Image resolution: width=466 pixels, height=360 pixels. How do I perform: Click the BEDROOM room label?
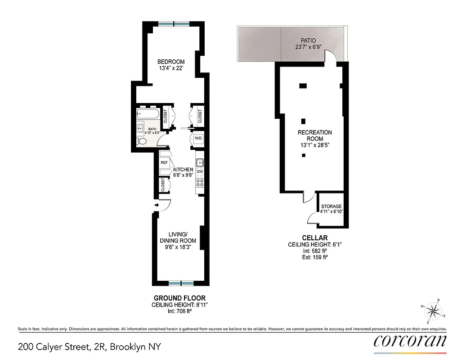(170, 62)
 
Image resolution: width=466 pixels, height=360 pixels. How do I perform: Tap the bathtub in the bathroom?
(148, 114)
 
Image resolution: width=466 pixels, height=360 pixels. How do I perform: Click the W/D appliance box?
(198, 139)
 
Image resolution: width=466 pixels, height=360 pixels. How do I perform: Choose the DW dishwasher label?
(200, 172)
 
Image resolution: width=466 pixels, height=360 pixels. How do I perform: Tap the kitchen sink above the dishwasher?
(200, 162)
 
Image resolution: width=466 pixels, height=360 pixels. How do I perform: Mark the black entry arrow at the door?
(156, 206)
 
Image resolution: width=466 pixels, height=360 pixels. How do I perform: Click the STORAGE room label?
(331, 207)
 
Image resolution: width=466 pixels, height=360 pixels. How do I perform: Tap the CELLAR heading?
(314, 238)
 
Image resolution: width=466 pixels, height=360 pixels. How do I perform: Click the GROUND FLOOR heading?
(179, 298)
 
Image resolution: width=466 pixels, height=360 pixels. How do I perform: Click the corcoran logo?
(410, 341)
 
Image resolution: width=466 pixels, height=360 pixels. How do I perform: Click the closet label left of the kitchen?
(163, 184)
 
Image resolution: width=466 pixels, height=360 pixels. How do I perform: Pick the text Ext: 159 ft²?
(314, 257)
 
